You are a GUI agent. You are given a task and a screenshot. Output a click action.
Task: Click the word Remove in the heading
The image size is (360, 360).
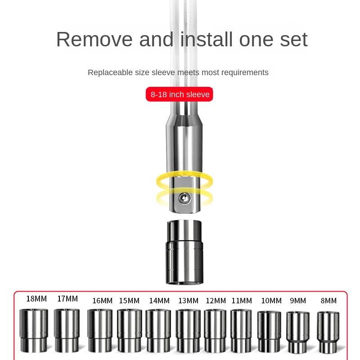pos(95,40)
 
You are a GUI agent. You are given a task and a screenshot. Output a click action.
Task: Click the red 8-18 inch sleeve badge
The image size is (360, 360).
pos(179,94)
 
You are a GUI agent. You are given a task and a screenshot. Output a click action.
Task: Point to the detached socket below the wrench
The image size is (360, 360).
pos(184,252)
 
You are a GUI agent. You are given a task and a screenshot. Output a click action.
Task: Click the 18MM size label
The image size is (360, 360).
pos(36,299)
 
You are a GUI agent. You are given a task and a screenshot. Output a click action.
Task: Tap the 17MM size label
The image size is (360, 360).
pos(67,299)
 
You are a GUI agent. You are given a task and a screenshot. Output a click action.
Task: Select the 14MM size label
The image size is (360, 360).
pos(159,301)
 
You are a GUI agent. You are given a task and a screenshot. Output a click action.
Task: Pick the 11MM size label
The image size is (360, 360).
pos(242,301)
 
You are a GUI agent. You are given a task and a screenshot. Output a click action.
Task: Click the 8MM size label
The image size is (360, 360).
pos(328,301)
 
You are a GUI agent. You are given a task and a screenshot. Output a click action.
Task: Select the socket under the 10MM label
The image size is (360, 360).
pos(269,331)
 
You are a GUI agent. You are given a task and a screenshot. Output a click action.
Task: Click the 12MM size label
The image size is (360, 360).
pos(216,301)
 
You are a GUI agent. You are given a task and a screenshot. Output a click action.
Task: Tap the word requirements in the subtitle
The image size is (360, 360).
pos(245,72)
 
